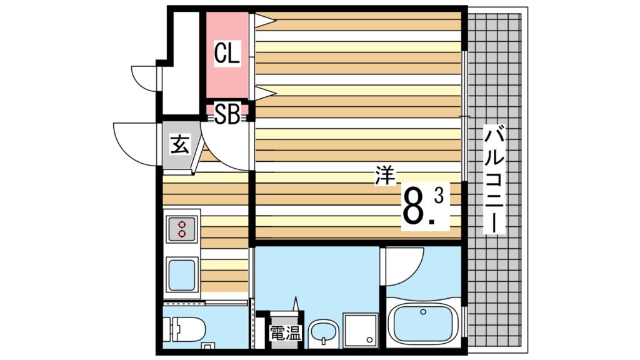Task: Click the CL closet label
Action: pos(227,54)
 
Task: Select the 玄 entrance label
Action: pos(179,145)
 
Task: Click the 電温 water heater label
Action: pos(285,334)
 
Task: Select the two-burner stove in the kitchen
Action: pos(182,229)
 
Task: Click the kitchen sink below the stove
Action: pos(182,274)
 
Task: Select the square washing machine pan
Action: pos(361,329)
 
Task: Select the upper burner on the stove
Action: pos(182,224)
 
